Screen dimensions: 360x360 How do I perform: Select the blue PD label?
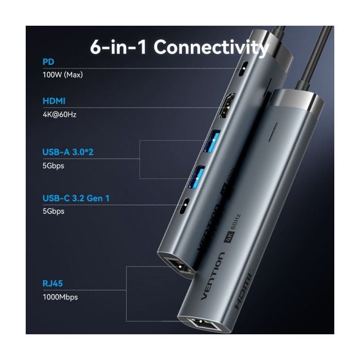click(x=48, y=62)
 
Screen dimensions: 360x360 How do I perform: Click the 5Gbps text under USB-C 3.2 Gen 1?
click(x=53, y=211)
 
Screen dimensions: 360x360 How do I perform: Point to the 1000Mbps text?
click(x=61, y=296)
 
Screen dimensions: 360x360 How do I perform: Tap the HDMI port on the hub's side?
click(x=225, y=106)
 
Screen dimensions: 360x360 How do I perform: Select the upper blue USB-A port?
click(x=212, y=141)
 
